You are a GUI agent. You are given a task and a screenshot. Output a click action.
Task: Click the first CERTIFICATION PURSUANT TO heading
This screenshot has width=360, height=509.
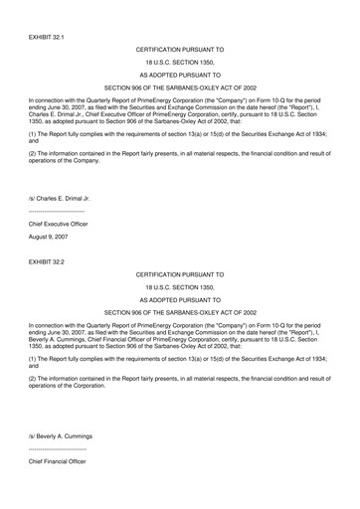click(180, 47)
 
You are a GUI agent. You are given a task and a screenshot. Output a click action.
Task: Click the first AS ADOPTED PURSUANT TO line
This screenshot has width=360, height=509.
click(180, 74)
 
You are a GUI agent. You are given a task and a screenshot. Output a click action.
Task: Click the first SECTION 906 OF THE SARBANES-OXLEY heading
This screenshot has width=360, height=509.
click(180, 87)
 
